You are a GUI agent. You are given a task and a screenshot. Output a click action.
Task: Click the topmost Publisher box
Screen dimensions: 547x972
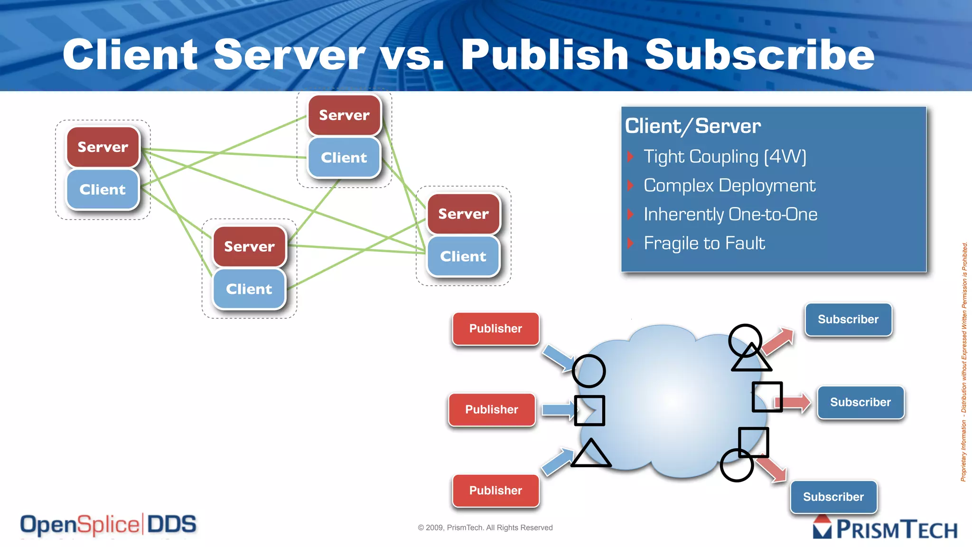tap(495, 329)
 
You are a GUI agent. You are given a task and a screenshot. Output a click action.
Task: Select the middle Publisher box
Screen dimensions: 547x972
tap(492, 409)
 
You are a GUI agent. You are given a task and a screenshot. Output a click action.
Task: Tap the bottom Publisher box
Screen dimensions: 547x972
tap(495, 490)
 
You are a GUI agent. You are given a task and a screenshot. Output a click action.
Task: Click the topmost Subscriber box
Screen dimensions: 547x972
tap(848, 320)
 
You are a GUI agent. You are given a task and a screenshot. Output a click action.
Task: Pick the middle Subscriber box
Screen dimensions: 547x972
tap(860, 402)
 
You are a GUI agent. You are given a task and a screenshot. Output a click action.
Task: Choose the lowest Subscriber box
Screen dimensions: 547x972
tap(833, 497)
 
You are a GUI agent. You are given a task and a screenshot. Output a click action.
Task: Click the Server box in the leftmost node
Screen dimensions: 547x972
tap(103, 147)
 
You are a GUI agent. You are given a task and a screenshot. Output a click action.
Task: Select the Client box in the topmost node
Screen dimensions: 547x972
tap(344, 158)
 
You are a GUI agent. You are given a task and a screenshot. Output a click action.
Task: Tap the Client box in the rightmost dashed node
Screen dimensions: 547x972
tap(463, 256)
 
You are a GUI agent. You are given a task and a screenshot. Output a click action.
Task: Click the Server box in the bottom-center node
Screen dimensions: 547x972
tap(250, 246)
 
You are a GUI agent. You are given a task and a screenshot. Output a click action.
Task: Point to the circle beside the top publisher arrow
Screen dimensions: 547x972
tap(589, 371)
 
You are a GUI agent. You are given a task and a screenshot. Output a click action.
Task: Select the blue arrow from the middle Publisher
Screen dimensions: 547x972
tap(558, 410)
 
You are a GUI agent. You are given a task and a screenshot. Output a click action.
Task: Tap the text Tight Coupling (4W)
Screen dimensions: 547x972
tap(724, 157)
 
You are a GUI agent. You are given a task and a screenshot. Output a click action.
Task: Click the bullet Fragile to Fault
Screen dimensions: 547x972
tap(704, 243)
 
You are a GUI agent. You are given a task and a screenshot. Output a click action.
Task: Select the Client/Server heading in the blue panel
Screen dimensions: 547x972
tap(692, 126)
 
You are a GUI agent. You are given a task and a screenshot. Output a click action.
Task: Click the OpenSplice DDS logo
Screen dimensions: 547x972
tap(108, 525)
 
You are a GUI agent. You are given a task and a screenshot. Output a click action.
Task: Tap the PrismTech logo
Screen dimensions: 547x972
tap(885, 528)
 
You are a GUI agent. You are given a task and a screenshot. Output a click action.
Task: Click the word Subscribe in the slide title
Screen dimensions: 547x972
tap(759, 55)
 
